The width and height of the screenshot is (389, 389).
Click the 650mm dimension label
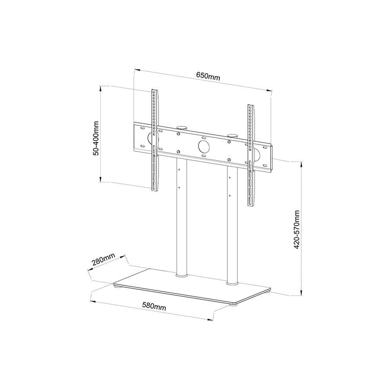point(208,77)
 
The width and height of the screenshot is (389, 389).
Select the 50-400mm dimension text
point(96,138)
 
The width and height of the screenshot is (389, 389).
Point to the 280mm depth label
point(103,261)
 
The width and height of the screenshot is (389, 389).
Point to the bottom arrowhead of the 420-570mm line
point(301,293)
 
